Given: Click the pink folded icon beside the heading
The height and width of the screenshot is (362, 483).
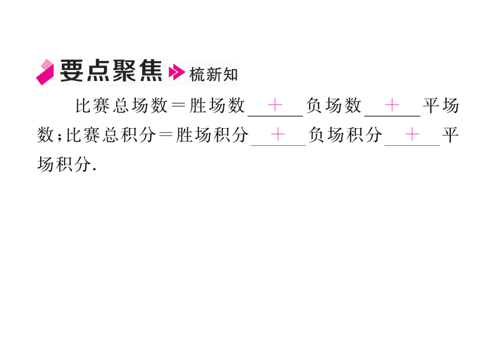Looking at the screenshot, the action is click(45, 72).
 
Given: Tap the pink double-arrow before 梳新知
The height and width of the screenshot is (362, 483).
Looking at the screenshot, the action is click(177, 72).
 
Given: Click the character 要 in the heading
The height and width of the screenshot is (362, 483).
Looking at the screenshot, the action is click(71, 71).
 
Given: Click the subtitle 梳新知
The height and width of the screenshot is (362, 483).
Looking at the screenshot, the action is click(214, 75).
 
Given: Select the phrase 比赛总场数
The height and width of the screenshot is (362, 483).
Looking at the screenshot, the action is click(122, 106).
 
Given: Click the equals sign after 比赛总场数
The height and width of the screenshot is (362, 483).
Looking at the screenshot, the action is click(178, 106).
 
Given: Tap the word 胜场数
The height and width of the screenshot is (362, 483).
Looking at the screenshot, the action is click(217, 106).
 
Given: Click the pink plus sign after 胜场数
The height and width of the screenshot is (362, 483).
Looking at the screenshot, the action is click(275, 105).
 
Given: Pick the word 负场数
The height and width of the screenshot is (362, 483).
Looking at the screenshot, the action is click(334, 106).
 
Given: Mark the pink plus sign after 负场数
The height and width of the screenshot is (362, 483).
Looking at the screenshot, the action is click(392, 105).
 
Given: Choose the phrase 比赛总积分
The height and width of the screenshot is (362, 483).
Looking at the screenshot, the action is click(111, 135).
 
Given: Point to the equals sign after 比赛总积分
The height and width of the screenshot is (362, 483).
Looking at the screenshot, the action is click(166, 135).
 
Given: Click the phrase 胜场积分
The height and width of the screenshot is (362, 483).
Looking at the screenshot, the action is click(212, 135).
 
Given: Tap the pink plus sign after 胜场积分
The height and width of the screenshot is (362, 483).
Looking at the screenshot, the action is click(278, 135).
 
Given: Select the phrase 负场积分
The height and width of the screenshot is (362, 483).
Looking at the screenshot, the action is click(345, 135).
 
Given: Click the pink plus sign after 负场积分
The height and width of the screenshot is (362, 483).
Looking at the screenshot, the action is click(412, 135).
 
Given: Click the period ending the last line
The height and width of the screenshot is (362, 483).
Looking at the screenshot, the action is click(94, 169).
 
